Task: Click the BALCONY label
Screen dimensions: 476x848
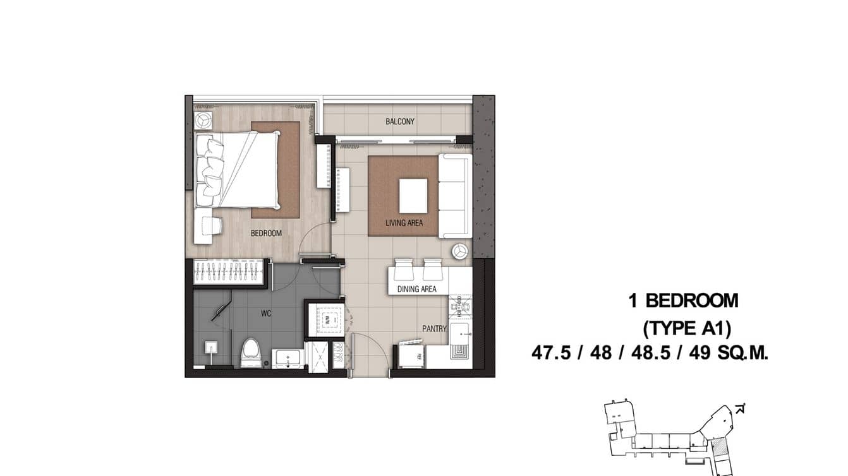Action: click(400, 121)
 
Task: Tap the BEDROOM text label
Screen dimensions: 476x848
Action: click(266, 233)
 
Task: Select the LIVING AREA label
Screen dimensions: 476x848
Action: click(404, 223)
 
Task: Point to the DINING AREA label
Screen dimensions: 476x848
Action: click(416, 289)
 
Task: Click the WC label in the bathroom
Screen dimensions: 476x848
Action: click(266, 314)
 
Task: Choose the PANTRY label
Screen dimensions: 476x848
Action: click(435, 329)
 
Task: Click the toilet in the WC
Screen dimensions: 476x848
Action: click(251, 354)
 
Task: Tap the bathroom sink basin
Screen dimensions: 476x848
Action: click(288, 358)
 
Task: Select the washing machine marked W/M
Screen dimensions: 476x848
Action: click(327, 319)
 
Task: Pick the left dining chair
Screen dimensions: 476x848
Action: click(403, 269)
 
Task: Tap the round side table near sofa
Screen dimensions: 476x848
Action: click(461, 251)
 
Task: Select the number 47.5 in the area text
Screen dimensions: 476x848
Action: click(552, 352)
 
